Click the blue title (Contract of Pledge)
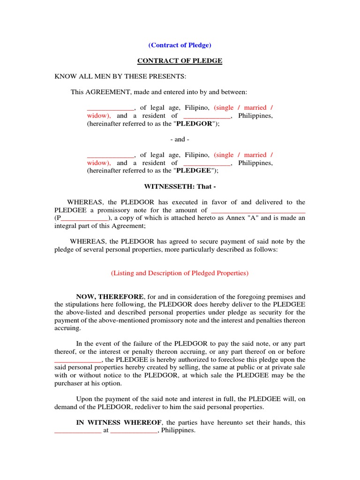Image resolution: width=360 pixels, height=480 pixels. (180, 45)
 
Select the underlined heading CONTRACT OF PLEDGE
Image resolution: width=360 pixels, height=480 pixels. (180, 61)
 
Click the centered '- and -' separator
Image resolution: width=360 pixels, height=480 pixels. (180, 139)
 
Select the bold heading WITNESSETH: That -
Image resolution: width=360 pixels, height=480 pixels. (180, 187)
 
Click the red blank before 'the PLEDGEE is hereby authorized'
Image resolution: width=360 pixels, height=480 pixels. (78, 360)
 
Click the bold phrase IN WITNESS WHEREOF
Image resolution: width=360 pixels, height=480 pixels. (119, 423)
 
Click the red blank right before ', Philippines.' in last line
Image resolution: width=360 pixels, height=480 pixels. (134, 431)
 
